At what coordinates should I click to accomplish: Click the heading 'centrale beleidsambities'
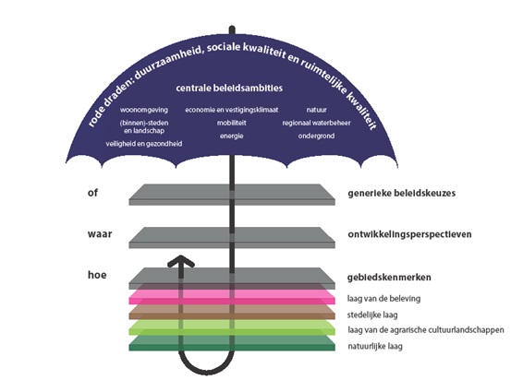pos(229,88)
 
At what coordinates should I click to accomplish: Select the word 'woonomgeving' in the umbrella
pos(144,110)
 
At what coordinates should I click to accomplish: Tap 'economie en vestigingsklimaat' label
pos(232,110)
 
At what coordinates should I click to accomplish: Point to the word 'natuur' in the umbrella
pos(317,110)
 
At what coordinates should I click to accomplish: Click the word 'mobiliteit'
pos(232,123)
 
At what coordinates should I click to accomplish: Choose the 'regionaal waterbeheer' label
pos(316,123)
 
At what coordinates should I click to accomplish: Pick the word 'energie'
pos(232,136)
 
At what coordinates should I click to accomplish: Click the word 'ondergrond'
pos(316,136)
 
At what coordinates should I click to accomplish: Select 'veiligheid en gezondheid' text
pos(144,144)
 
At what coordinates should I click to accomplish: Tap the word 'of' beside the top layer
pos(92,193)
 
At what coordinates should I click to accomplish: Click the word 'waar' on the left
pos(100,233)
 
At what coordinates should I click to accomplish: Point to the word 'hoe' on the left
pos(97,275)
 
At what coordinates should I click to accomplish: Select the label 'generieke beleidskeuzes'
pos(401,193)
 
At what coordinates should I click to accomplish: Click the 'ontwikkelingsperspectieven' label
pos(409,234)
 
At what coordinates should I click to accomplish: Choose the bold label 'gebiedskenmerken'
pos(389,278)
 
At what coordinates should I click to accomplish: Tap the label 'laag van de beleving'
pos(383,299)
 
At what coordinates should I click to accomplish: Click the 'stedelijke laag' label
pos(372,315)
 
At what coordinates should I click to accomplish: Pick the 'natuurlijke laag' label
pos(375,347)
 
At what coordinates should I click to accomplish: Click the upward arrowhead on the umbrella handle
pos(181,261)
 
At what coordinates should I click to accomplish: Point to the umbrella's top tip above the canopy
pos(232,28)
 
